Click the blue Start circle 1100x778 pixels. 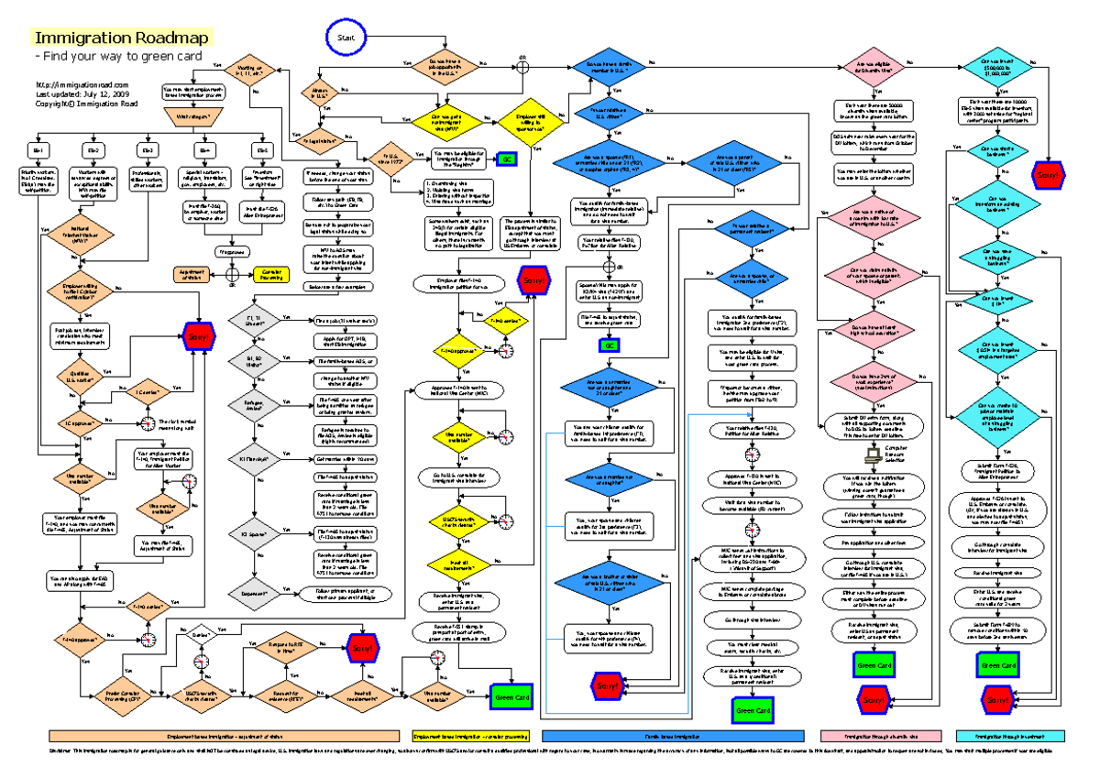pyautogui.click(x=346, y=38)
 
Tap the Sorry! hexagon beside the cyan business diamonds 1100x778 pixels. pyautogui.click(x=1046, y=173)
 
